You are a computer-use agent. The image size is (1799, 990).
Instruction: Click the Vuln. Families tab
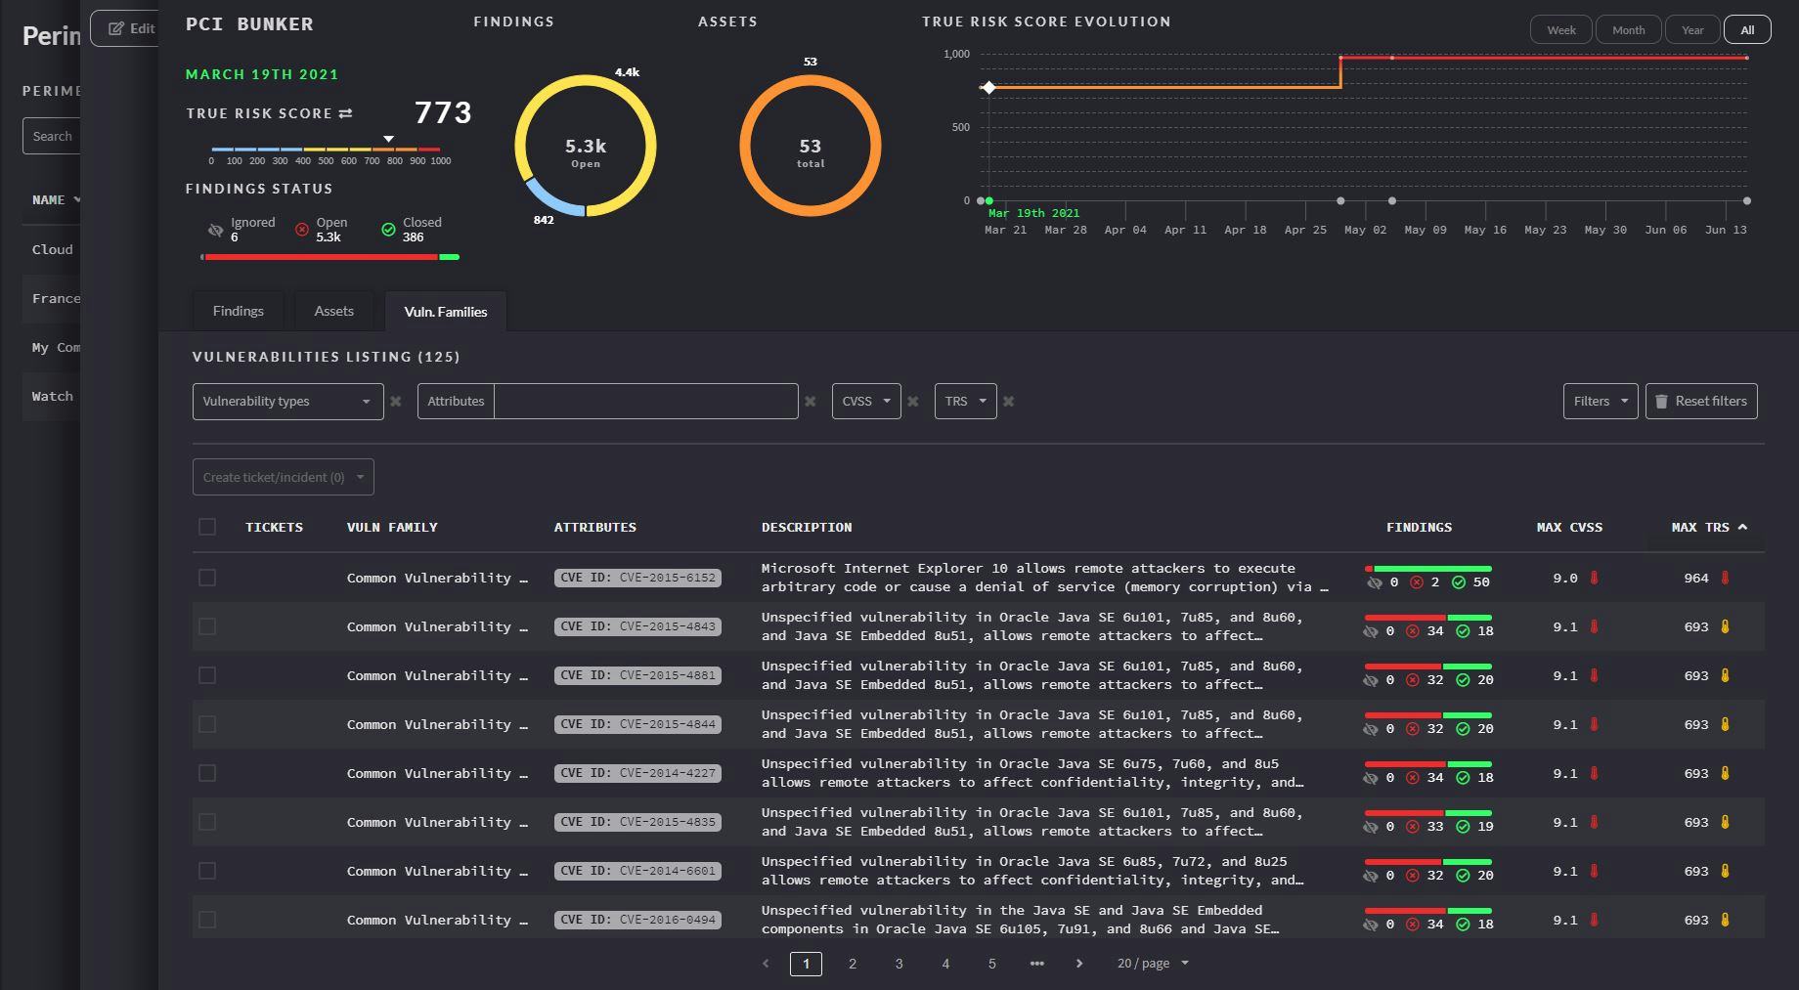(445, 312)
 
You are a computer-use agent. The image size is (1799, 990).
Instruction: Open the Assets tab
(333, 311)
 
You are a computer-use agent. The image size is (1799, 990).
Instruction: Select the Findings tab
(238, 311)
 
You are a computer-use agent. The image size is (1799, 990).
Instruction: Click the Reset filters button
(1700, 401)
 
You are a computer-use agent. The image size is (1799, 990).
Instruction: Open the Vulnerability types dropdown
(287, 401)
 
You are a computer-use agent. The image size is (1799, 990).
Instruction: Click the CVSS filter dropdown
(865, 401)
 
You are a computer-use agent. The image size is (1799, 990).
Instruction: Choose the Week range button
(1560, 29)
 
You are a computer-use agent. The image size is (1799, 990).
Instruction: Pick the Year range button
(1692, 29)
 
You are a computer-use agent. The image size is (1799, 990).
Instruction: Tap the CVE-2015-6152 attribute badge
(637, 578)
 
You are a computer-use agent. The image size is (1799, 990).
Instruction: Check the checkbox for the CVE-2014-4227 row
(207, 773)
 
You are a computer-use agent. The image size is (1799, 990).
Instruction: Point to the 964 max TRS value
(1696, 578)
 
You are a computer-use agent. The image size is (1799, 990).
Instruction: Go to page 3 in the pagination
(899, 964)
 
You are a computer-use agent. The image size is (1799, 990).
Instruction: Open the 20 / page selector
(1153, 964)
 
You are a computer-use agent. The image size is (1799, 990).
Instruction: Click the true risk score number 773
(443, 112)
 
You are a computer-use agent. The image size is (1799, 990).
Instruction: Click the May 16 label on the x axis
(1485, 230)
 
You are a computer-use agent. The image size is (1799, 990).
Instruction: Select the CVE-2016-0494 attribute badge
(637, 920)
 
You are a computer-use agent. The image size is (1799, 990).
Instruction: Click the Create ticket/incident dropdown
(283, 477)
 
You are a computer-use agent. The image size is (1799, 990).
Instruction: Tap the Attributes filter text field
(645, 401)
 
